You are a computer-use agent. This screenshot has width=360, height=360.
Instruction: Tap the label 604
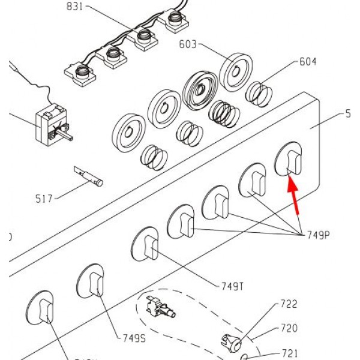tap(308, 62)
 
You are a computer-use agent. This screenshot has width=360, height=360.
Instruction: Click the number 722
tap(289, 304)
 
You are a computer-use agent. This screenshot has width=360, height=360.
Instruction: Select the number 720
tap(289, 329)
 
